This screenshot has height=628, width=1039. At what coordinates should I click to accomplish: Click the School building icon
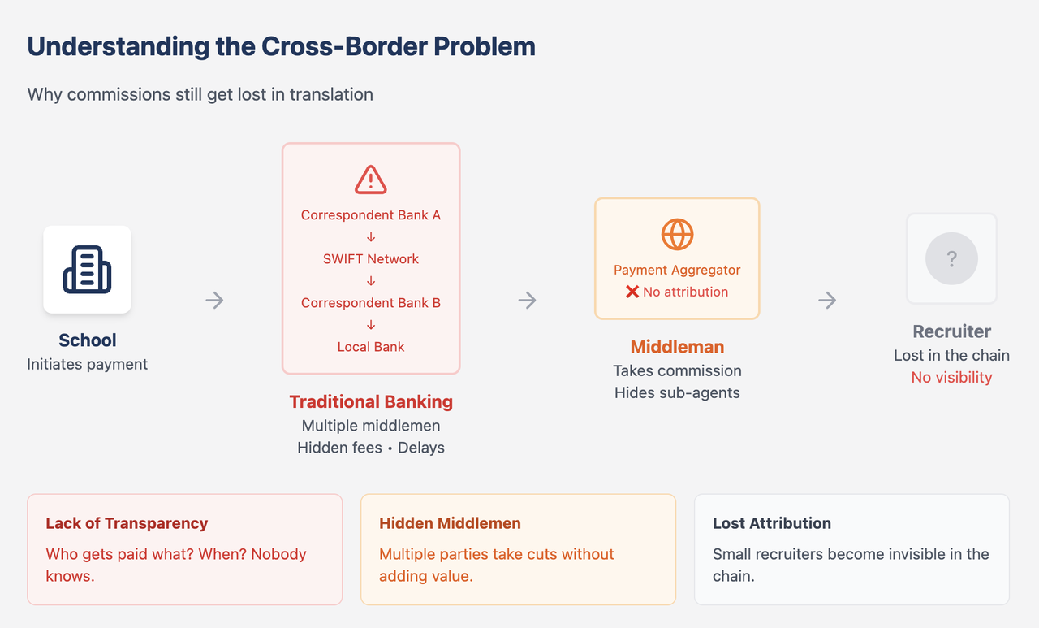(x=87, y=270)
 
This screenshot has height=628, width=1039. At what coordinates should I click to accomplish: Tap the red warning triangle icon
(x=371, y=180)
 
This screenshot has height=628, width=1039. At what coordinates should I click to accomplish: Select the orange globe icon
(x=677, y=235)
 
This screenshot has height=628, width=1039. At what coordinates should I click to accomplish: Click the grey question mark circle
(x=951, y=259)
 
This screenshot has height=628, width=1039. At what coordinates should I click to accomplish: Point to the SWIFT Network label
(x=371, y=259)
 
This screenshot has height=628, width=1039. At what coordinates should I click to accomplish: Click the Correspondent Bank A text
(x=371, y=215)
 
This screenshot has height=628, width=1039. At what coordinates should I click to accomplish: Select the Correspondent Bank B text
(x=371, y=303)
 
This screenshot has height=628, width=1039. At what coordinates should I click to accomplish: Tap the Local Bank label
(x=371, y=347)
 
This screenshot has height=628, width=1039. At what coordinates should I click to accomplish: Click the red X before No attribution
(x=632, y=292)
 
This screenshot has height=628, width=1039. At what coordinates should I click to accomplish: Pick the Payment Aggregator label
(x=677, y=270)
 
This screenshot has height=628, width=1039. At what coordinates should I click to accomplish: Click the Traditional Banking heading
(x=371, y=401)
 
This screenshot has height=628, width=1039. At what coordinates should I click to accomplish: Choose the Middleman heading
(x=677, y=347)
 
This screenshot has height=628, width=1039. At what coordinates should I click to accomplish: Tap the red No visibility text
(x=951, y=377)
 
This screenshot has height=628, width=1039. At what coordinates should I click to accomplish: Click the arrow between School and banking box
(x=214, y=301)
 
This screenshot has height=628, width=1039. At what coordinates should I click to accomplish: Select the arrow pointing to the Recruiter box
(x=827, y=301)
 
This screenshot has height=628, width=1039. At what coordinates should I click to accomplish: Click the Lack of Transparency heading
(x=127, y=523)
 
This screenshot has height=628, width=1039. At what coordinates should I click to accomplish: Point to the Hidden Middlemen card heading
(x=450, y=523)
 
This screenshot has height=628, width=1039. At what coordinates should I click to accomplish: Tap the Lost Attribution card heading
(x=772, y=523)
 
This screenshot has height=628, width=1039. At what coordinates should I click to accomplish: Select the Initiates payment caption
(x=87, y=364)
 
